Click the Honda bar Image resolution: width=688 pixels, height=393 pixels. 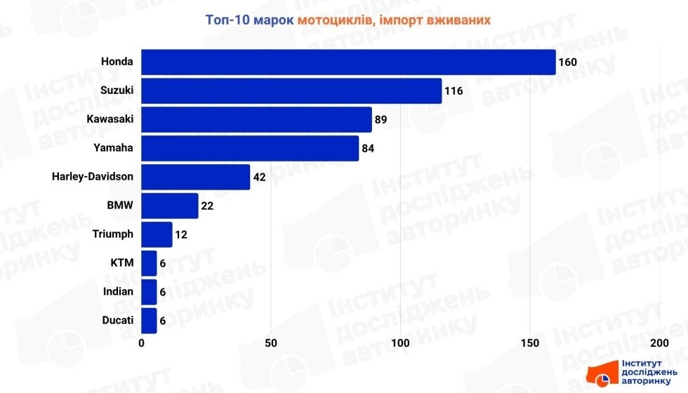pyautogui.click(x=348, y=62)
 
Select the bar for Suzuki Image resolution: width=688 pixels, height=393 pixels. pyautogui.click(x=291, y=91)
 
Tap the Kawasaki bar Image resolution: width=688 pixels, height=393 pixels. pyautogui.click(x=256, y=120)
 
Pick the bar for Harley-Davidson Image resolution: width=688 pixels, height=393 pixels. pyautogui.click(x=196, y=177)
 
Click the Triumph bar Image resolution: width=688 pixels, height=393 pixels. pyautogui.click(x=157, y=234)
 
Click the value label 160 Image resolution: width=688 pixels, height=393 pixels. pyautogui.click(x=567, y=62)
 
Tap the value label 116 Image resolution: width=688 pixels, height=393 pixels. pyautogui.click(x=454, y=91)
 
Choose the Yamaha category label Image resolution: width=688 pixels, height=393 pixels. pyautogui.click(x=113, y=148)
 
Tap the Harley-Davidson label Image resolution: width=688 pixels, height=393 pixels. pyautogui.click(x=92, y=177)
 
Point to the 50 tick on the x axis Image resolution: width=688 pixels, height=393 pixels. pyautogui.click(x=271, y=343)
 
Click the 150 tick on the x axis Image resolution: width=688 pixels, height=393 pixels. pyautogui.click(x=530, y=343)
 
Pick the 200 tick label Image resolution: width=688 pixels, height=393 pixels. pyautogui.click(x=659, y=343)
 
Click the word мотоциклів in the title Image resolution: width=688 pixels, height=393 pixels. pyautogui.click(x=333, y=20)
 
